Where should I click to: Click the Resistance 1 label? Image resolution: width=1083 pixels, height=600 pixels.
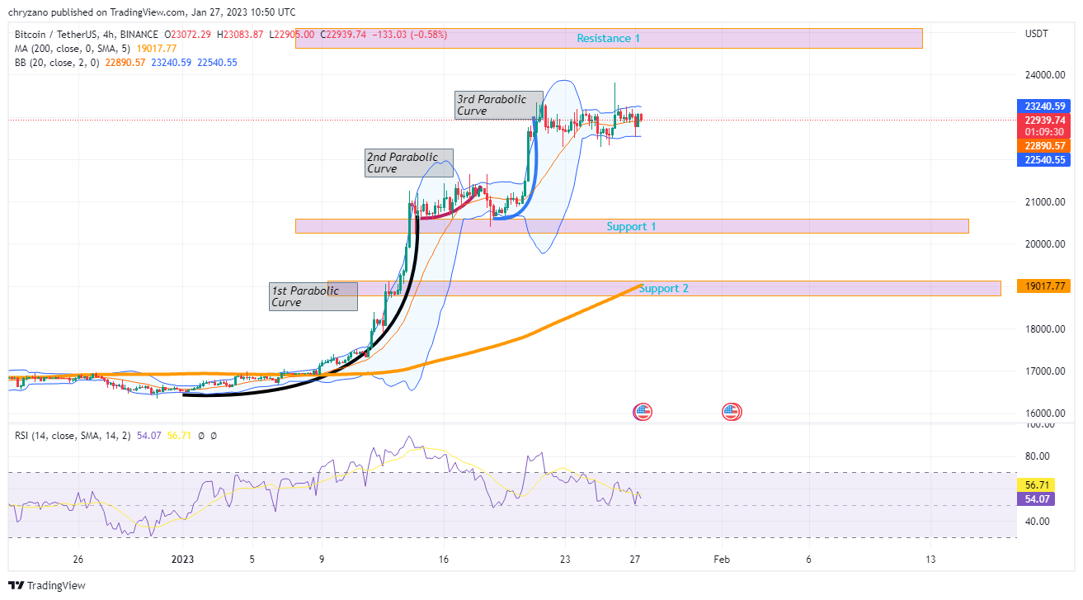[608, 39]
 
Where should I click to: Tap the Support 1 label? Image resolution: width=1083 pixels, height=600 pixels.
[631, 226]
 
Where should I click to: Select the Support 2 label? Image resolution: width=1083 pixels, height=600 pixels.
[663, 289]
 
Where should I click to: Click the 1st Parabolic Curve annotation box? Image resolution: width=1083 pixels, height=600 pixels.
[313, 296]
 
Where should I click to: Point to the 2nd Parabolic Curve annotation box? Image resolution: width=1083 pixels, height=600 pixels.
[408, 163]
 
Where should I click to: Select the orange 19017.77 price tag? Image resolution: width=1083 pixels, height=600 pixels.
[1045, 286]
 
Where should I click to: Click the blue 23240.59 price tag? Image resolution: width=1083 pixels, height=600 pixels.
[1045, 106]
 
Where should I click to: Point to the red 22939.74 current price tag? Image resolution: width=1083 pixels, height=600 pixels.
[1045, 120]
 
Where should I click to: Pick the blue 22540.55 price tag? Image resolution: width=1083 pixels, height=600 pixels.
[1045, 160]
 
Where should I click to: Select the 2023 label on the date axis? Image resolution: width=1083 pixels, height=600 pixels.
[182, 559]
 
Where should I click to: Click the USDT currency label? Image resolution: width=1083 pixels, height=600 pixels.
[1036, 34]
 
